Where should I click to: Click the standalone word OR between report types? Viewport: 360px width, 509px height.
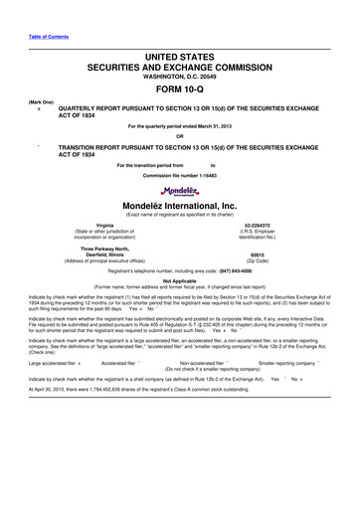pos(180,135)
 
